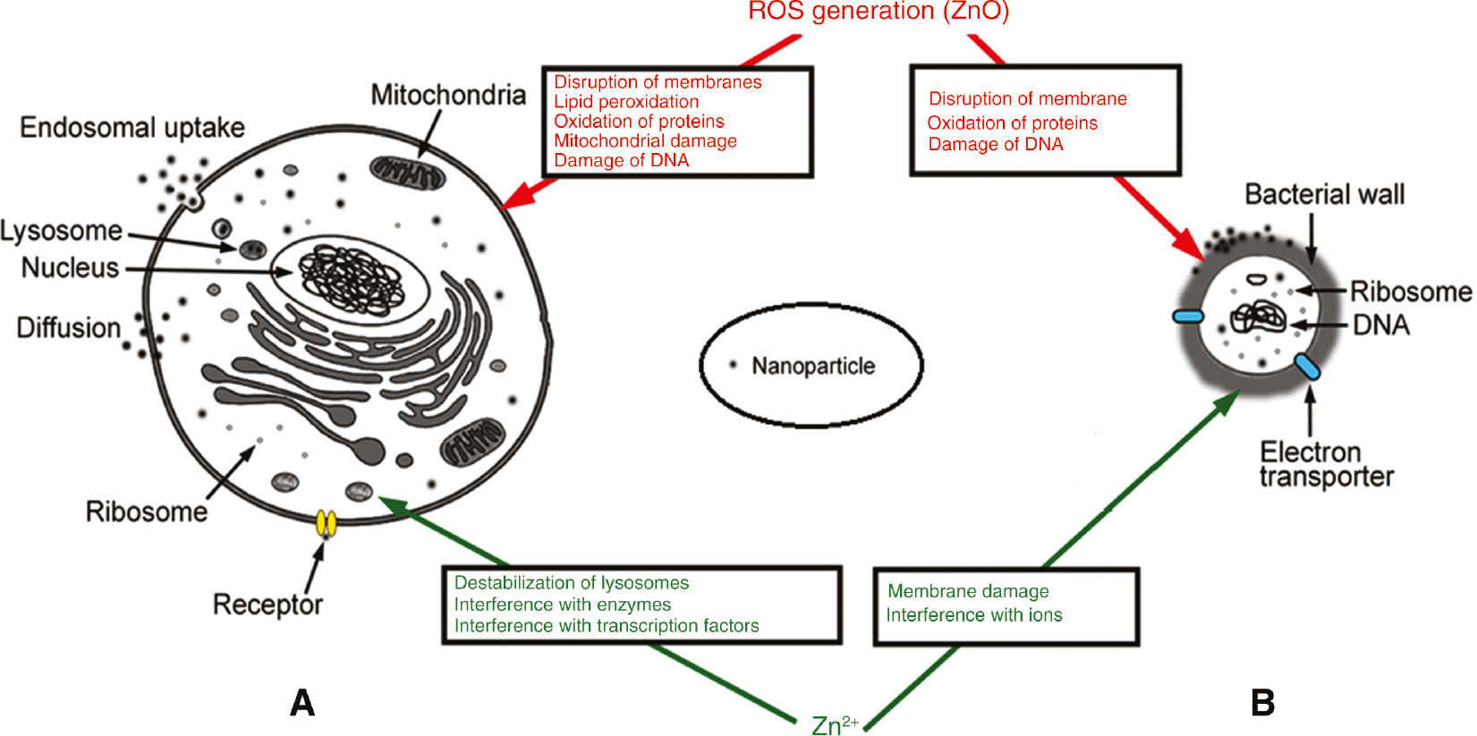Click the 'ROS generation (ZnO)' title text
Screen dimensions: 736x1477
click(878, 12)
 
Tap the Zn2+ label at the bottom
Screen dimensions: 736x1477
click(834, 724)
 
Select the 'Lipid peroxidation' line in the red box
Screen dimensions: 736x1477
click(625, 102)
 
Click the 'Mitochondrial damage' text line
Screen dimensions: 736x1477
click(644, 141)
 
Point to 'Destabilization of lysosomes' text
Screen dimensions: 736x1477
click(571, 583)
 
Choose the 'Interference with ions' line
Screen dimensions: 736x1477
click(973, 615)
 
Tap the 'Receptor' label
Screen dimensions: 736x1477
click(267, 605)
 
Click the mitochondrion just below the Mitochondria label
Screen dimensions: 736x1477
click(408, 173)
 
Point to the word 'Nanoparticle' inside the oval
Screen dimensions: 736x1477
click(812, 367)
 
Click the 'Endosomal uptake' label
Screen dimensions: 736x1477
click(132, 128)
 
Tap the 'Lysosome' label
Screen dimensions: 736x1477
click(61, 231)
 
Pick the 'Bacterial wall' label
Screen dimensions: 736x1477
click(1324, 195)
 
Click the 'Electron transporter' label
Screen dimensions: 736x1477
click(1325, 464)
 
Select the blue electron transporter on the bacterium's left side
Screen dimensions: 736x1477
click(1188, 316)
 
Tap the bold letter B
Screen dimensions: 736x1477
click(1262, 703)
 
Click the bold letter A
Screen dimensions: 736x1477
click(302, 703)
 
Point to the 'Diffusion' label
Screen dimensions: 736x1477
click(69, 328)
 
